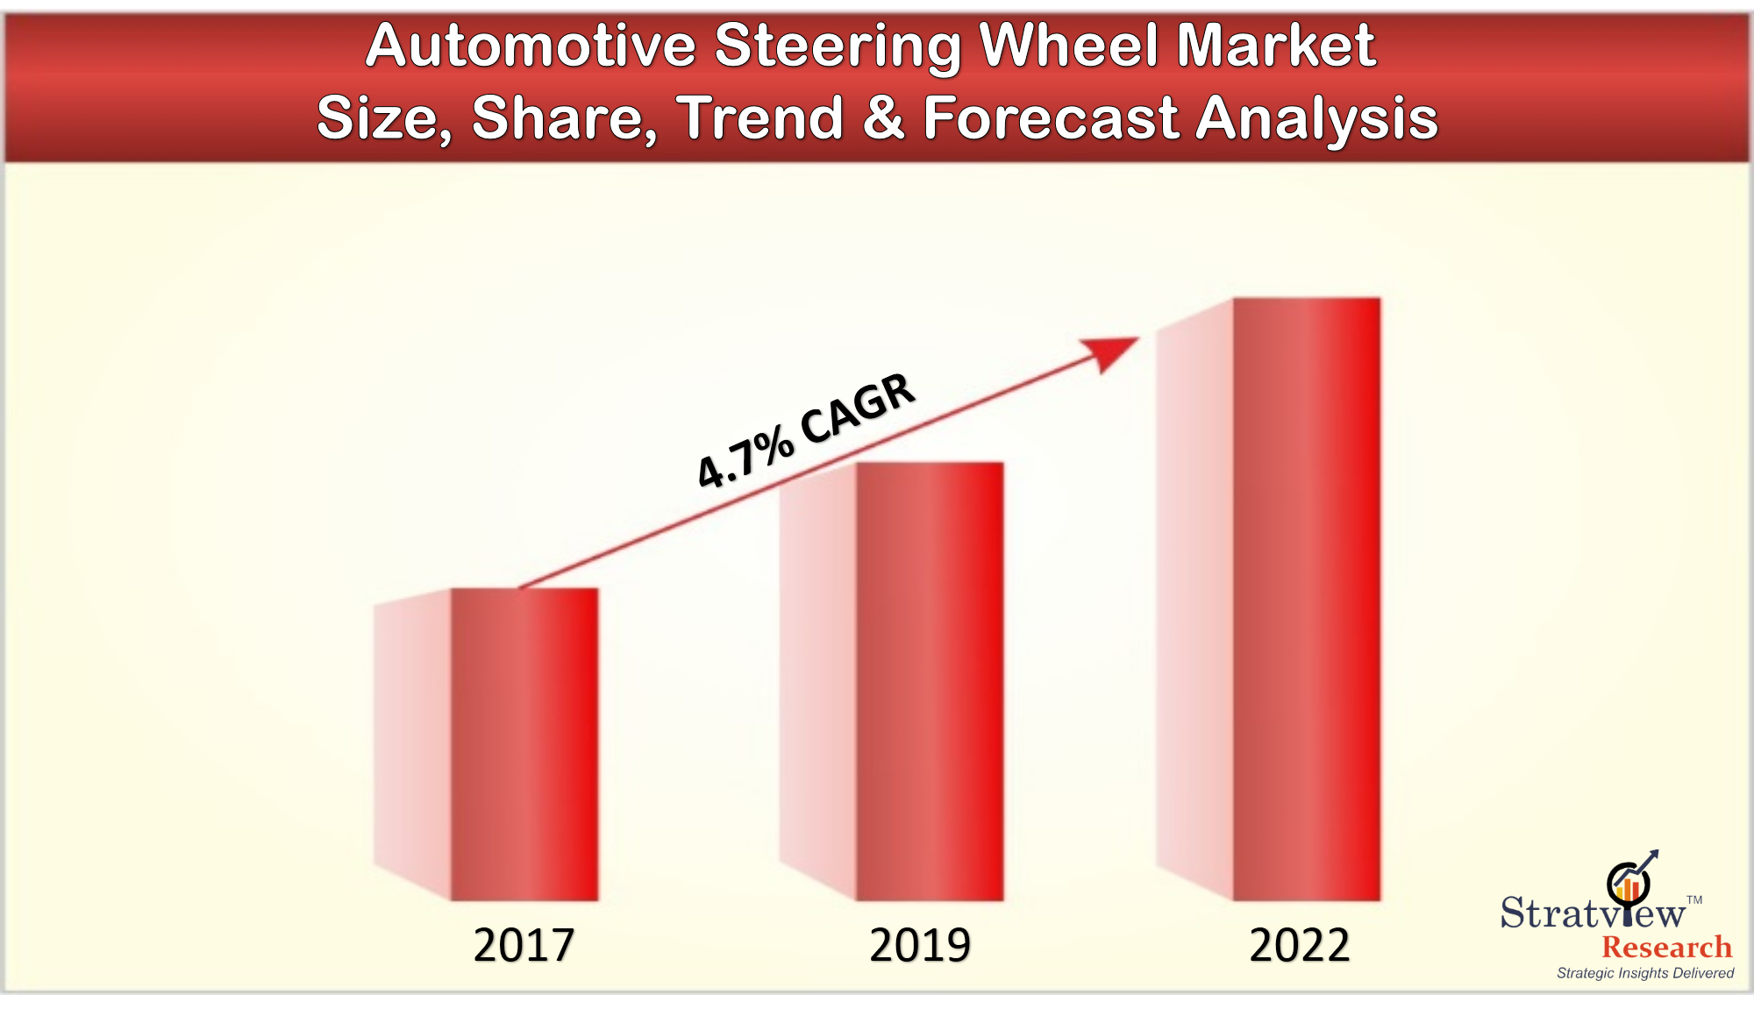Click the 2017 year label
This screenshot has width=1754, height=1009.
pos(524,945)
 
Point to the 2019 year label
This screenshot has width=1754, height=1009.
pos(920,945)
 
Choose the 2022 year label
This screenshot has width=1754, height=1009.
pos(1299,945)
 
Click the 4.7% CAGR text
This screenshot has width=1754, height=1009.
pos(806,430)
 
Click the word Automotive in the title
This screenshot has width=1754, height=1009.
pos(531,46)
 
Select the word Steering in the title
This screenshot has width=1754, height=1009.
pos(838,47)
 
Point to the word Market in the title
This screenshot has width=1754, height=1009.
pos(1276,46)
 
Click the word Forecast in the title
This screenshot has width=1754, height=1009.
pos(1051,118)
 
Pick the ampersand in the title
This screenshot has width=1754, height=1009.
pos(883,118)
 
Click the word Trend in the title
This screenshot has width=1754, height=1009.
pos(759,118)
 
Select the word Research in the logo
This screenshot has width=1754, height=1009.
pos(1666,948)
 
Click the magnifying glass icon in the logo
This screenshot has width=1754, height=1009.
pos(1629,884)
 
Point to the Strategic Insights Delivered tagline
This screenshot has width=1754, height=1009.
pos(1645,973)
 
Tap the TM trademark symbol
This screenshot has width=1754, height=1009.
pos(1694,899)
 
